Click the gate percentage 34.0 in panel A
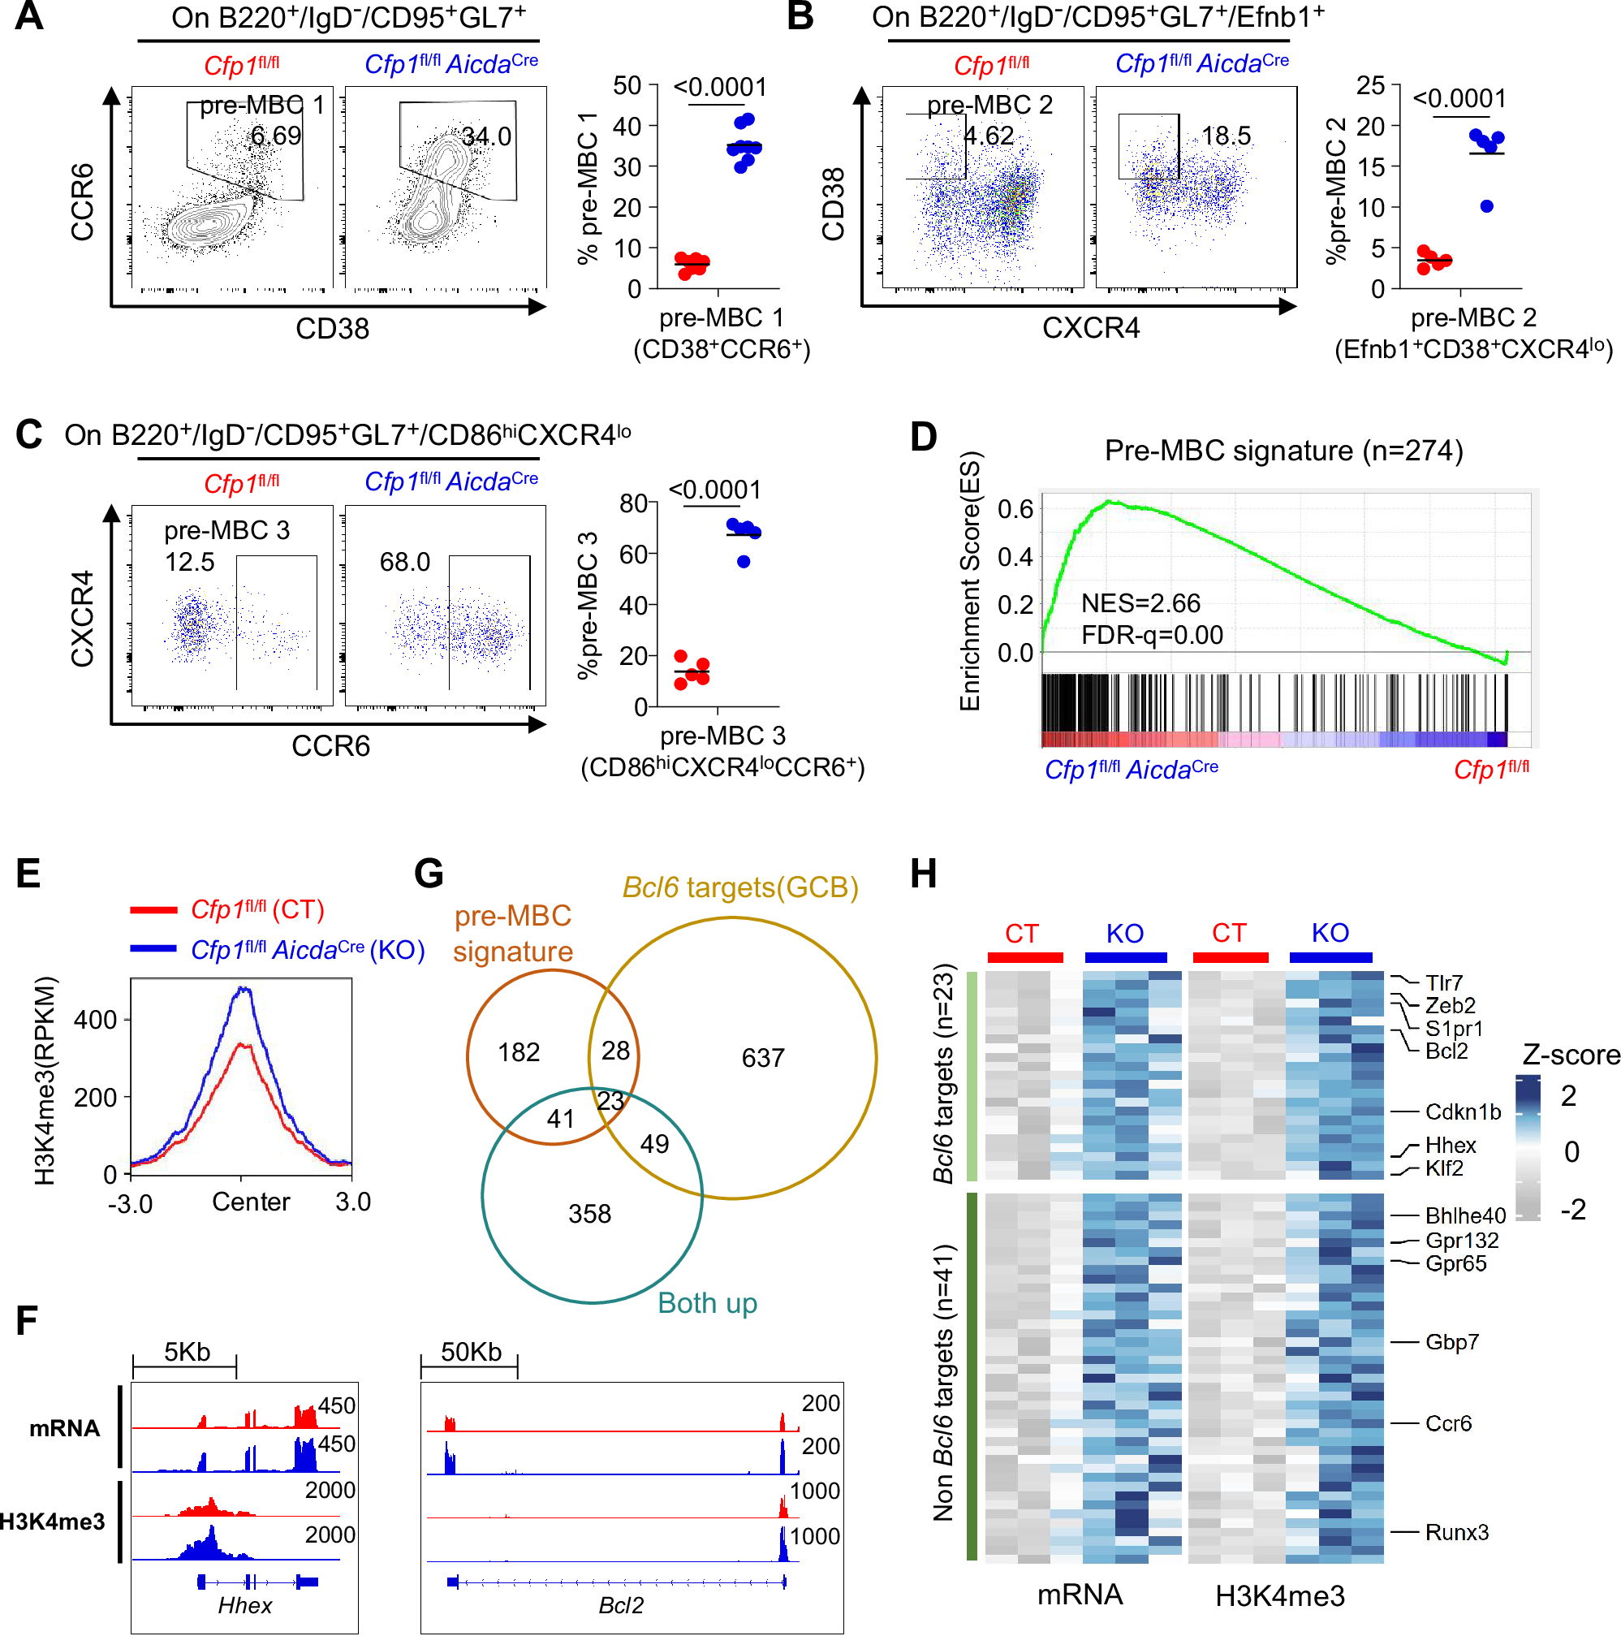486,136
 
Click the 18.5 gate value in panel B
1225,136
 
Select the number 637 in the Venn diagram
762,1058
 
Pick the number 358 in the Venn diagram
589,1214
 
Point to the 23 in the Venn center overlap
610,1101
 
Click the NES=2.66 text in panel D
1140,603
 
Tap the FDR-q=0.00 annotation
1151,635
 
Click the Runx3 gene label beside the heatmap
1456,1532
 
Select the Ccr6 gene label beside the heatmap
1447,1423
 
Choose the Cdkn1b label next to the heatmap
1462,1112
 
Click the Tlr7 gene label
1443,982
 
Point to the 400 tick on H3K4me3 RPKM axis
95,1020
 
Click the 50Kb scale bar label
471,1352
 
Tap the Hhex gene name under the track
244,1605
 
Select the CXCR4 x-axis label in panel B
1090,328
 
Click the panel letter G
429,873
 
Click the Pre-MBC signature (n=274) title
1283,451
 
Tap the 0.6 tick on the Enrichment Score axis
1014,509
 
